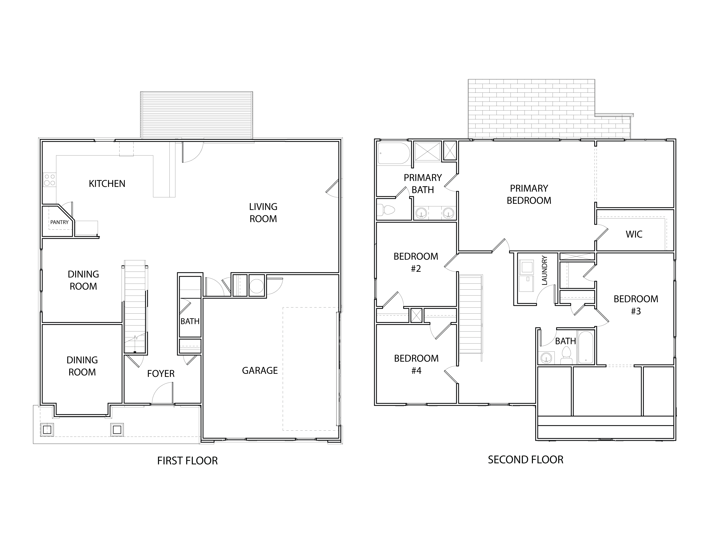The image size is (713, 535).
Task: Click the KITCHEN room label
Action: tap(107, 184)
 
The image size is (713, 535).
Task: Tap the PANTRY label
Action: tap(59, 222)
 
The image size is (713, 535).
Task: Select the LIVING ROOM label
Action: tap(263, 213)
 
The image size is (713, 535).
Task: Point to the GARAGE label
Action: tap(260, 370)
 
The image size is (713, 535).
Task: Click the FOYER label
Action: tap(161, 374)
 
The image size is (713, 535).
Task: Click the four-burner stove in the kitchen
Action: tap(50, 180)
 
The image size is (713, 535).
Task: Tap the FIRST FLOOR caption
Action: tap(187, 461)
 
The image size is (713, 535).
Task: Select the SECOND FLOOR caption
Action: tap(525, 460)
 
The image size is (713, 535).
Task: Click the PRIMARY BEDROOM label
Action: tap(529, 195)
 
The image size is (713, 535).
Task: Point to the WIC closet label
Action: tap(634, 234)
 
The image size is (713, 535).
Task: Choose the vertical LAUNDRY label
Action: tap(544, 271)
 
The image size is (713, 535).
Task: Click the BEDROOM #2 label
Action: tap(416, 263)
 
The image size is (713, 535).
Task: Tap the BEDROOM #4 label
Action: tap(416, 365)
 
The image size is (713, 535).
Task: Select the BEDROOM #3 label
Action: tap(636, 305)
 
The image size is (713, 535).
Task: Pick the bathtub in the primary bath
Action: tap(393, 154)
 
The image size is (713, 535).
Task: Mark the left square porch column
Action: tap(47, 430)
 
